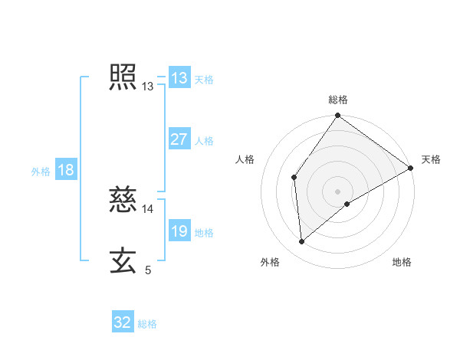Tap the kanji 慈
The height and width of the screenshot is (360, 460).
pyautogui.click(x=123, y=199)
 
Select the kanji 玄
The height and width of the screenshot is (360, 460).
pyautogui.click(x=123, y=260)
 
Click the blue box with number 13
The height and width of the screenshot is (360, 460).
pyautogui.click(x=179, y=78)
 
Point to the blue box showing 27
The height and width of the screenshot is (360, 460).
pyautogui.click(x=179, y=139)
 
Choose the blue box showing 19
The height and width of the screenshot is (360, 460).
pyautogui.click(x=179, y=231)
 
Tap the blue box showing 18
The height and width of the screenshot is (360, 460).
pyautogui.click(x=66, y=170)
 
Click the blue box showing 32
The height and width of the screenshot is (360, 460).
pyautogui.click(x=123, y=322)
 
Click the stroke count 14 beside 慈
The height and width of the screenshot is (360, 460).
pyautogui.click(x=148, y=208)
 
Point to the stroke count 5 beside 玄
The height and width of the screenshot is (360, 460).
pyautogui.click(x=148, y=270)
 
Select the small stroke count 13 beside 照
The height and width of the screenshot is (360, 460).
pyautogui.click(x=148, y=87)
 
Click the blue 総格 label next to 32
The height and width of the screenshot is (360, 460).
pyautogui.click(x=147, y=324)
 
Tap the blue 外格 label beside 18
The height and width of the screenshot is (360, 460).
pyautogui.click(x=41, y=172)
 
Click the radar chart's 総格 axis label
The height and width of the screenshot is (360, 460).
pyautogui.click(x=338, y=100)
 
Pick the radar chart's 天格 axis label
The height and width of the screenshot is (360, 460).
pyautogui.click(x=431, y=159)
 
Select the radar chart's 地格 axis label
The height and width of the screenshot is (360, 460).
pyautogui.click(x=402, y=263)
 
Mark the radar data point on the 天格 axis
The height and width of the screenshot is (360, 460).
pyautogui.click(x=411, y=167)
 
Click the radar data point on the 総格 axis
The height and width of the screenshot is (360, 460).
pyautogui.click(x=338, y=116)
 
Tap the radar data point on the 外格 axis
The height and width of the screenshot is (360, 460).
pyautogui.click(x=301, y=242)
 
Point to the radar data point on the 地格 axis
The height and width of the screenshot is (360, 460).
pyautogui.click(x=347, y=204)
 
